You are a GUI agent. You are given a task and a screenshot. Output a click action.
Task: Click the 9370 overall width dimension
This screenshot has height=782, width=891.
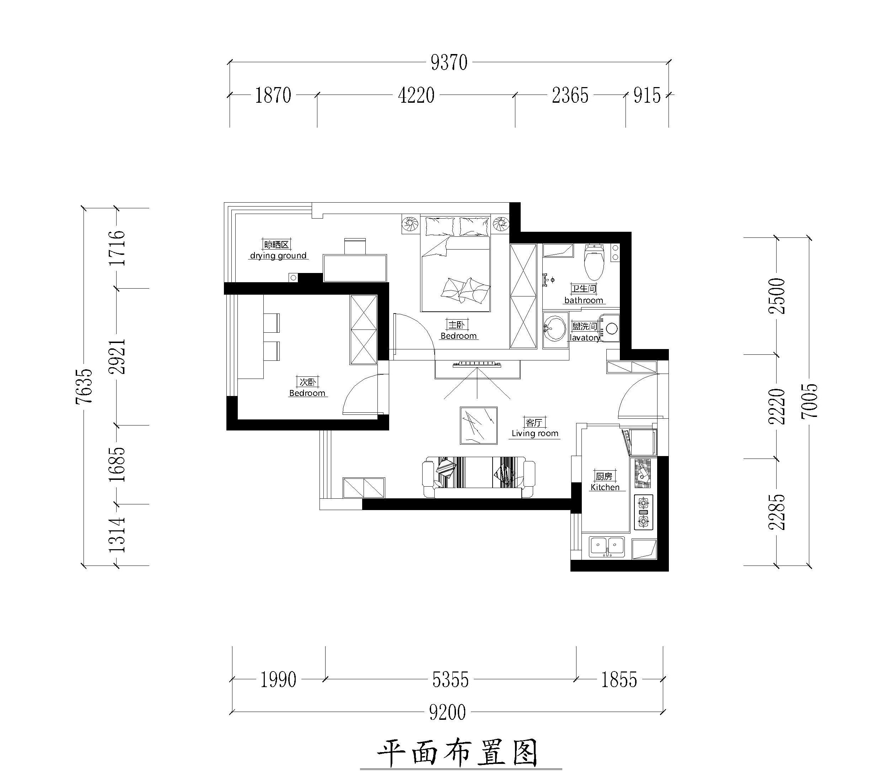coord(449,63)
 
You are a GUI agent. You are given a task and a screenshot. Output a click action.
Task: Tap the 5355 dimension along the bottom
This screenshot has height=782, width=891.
coord(450,680)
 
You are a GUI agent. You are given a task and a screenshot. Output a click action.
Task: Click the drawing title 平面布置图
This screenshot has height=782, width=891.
coord(457,754)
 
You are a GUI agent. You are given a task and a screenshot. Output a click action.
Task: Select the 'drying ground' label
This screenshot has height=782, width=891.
coord(278,256)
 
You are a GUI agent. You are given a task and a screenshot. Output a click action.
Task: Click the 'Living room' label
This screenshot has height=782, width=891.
coord(535,433)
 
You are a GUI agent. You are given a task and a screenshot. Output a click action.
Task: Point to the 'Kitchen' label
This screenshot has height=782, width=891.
coord(605,487)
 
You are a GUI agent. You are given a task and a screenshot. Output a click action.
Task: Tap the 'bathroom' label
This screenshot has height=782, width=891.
coord(584,300)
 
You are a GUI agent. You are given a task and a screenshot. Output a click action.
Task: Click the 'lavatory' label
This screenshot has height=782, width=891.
coord(584,337)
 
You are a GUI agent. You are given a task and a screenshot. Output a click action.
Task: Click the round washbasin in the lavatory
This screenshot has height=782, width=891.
coord(554,330)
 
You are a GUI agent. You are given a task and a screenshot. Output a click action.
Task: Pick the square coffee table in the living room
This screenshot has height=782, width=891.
coord(479,425)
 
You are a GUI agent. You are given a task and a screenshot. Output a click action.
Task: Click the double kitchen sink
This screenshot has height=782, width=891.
coord(607,547)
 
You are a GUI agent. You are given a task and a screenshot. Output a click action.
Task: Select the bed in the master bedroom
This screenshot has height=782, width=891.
coord(456,264)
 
